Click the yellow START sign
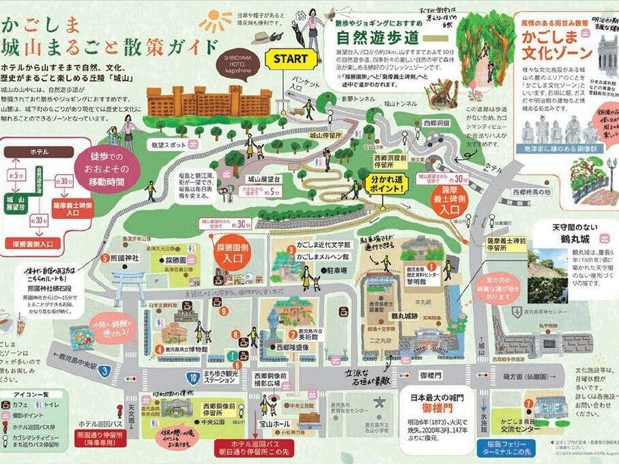coord(290,59)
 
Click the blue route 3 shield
coord(104,371)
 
